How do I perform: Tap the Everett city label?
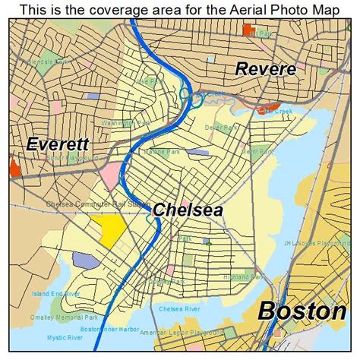pyautogui.click(x=58, y=144)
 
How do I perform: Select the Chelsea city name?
pyautogui.click(x=188, y=210)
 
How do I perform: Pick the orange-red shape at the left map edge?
pyautogui.click(x=14, y=166)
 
